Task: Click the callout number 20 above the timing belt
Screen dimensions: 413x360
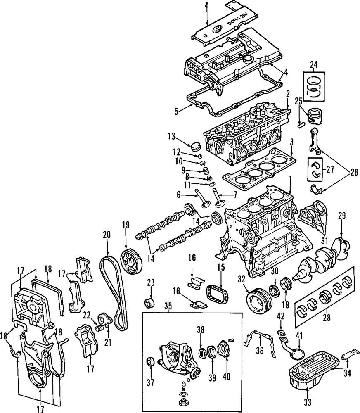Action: [x=107, y=235]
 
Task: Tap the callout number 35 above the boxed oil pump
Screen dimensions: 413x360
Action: [x=168, y=307]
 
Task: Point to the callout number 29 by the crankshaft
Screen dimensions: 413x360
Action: [x=341, y=215]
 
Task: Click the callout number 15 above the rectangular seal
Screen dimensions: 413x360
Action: [x=221, y=268]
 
